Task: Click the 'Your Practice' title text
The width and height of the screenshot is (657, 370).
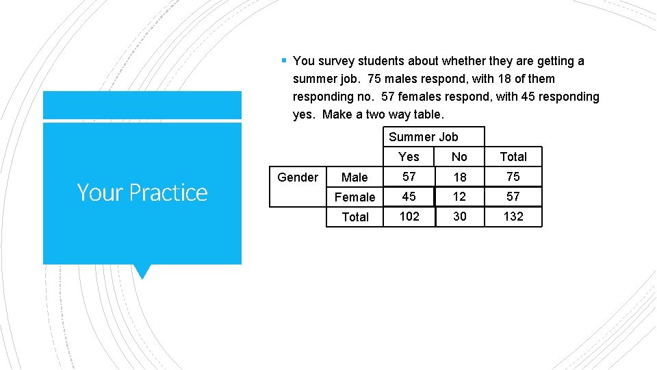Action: tap(142, 193)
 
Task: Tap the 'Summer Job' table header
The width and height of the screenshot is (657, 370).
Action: tap(423, 137)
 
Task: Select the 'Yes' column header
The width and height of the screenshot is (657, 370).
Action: tap(409, 157)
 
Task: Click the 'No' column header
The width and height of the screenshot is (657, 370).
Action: tap(459, 157)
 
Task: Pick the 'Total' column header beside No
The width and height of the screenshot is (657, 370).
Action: tap(513, 157)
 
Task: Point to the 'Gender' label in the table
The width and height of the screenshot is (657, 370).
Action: tap(298, 177)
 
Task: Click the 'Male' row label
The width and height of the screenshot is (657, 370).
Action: tap(355, 177)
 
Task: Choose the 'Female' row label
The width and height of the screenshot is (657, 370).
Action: tap(355, 197)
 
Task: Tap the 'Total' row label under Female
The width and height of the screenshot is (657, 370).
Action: tap(355, 217)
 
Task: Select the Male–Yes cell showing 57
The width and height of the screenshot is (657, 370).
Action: tap(409, 177)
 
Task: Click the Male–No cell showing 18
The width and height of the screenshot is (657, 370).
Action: tap(460, 177)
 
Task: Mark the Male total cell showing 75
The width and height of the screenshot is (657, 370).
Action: tap(513, 177)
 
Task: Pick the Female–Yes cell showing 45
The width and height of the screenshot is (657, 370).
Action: tap(409, 197)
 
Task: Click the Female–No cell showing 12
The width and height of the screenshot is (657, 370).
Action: tap(459, 197)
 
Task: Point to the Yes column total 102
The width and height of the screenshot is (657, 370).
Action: tap(409, 217)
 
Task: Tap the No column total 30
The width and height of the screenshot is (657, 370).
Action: tap(460, 217)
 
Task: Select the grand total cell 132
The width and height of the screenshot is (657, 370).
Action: tap(513, 217)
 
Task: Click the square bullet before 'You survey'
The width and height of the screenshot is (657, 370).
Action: tap(283, 61)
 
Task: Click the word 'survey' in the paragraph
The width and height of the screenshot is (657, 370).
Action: tap(336, 61)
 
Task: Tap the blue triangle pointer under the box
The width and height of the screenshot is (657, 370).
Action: tap(142, 271)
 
